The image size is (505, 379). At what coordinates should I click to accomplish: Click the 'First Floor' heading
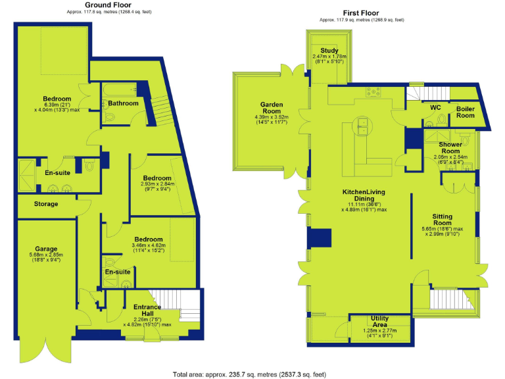[x=361, y=13]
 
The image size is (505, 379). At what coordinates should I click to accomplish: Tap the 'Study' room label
[x=329, y=51]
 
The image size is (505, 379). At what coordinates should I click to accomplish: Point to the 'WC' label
[x=435, y=107]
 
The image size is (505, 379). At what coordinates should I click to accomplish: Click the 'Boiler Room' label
[x=466, y=111]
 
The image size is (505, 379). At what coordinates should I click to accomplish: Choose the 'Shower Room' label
[x=450, y=147]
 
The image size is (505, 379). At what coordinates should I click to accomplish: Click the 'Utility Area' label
[x=379, y=322]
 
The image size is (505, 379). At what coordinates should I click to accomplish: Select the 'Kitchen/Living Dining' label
[x=362, y=195]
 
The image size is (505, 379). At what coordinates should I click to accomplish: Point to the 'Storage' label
[x=46, y=204]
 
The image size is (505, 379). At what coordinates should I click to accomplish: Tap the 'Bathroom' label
[x=123, y=103]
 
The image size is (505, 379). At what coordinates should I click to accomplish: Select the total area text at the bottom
[x=249, y=373]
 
